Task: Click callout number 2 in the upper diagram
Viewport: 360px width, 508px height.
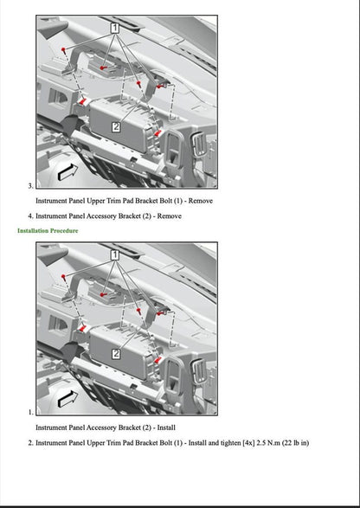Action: [x=116, y=126]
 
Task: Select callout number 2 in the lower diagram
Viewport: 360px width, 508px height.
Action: [x=116, y=353]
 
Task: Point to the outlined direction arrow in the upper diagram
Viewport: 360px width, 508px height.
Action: [x=67, y=170]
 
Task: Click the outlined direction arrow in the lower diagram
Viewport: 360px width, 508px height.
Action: [x=67, y=397]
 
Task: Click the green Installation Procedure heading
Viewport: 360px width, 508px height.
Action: [x=48, y=231]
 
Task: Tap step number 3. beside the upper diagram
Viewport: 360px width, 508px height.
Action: [x=31, y=185]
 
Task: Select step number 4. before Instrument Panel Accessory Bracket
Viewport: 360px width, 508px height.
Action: [x=31, y=216]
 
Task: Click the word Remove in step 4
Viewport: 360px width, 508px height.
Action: [x=169, y=216]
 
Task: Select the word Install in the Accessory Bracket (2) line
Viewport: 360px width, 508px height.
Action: [x=167, y=428]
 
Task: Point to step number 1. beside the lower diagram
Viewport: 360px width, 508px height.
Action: [x=31, y=412]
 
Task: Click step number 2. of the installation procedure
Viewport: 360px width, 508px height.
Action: [x=31, y=443]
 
